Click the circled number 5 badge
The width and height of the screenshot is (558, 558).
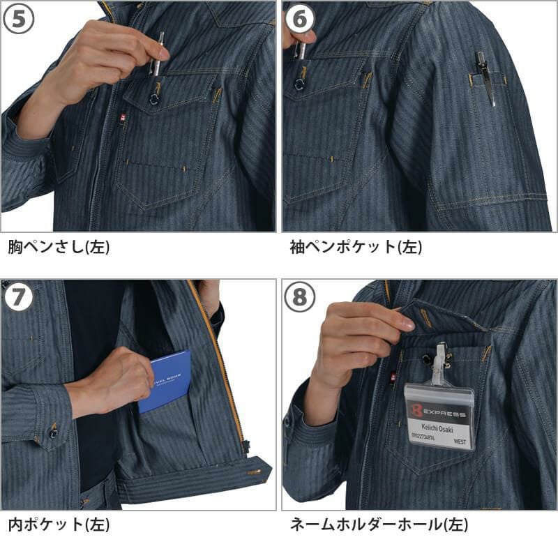coord(19,19)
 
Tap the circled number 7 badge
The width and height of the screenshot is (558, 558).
coord(19,298)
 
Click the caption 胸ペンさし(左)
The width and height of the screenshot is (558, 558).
coord(59,247)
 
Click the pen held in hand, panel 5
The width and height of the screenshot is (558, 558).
coord(158,53)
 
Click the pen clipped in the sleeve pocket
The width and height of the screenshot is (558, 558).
coord(485,77)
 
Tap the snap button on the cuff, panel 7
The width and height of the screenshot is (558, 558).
coord(52,433)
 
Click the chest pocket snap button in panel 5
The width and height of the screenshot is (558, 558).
coord(154,99)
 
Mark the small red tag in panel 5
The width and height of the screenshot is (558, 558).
coord(124,119)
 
